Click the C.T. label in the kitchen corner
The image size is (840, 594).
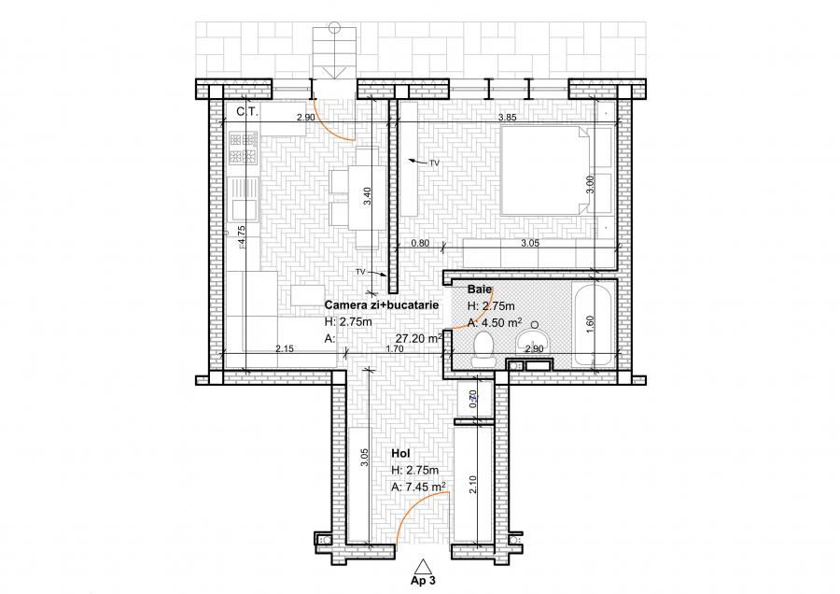[247, 111]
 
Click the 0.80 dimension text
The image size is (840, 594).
[421, 244]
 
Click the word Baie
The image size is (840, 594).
[479, 290]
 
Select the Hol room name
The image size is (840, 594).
[399, 455]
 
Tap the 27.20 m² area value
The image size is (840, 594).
[418, 339]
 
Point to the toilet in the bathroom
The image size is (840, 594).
[484, 346]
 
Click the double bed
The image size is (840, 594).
[546, 173]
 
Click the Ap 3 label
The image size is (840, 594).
[423, 580]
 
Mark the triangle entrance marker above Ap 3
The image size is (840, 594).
[423, 565]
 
